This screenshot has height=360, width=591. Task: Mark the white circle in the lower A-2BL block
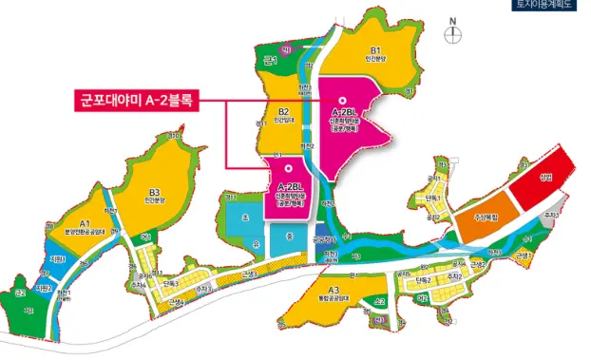[286, 170]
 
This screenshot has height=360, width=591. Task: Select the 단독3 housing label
[171, 284]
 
